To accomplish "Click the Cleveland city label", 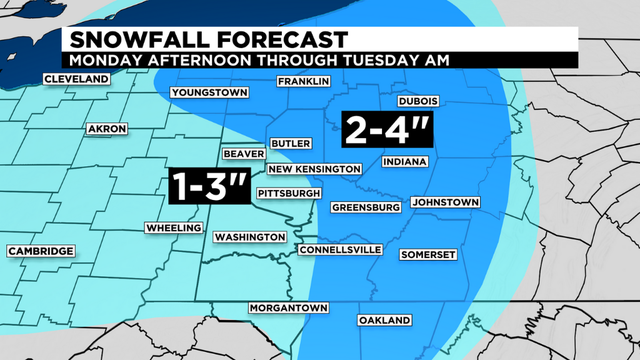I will pos(76,80).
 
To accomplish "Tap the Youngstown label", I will pos(210,93).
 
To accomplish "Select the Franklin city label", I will pos(304,81).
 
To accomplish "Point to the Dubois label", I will pos(419,101).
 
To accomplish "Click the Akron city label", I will pos(105,130).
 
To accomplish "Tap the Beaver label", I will pos(244,154).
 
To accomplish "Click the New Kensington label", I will pos(320,169).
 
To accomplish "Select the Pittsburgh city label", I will pos(289,192).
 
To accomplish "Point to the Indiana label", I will pos(405,161).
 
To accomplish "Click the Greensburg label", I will pos(366,207).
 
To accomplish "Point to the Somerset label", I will pos(428,254).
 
